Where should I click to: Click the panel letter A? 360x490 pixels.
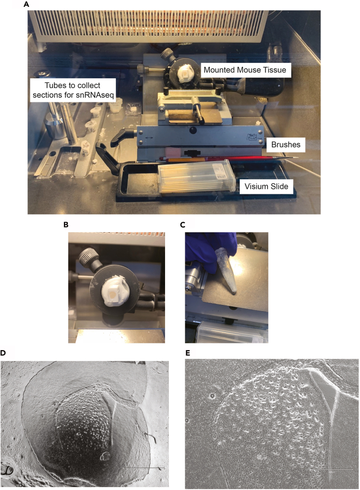[x=26, y=4]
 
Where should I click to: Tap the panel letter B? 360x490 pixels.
[x=65, y=225]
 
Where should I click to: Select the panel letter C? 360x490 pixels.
[x=183, y=225]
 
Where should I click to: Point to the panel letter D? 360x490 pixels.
[x=3, y=353]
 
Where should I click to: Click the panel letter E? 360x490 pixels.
[x=188, y=353]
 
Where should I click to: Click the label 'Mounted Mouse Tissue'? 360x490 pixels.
[x=245, y=70]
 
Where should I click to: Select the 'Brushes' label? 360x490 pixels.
[x=285, y=145]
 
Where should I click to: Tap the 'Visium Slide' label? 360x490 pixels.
[x=266, y=187]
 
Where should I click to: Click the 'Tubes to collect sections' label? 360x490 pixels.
[x=73, y=90]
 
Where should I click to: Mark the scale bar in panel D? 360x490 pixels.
[x=143, y=468]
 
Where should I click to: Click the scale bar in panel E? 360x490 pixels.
[x=332, y=469]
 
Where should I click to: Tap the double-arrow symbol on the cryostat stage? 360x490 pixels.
[x=149, y=138]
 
